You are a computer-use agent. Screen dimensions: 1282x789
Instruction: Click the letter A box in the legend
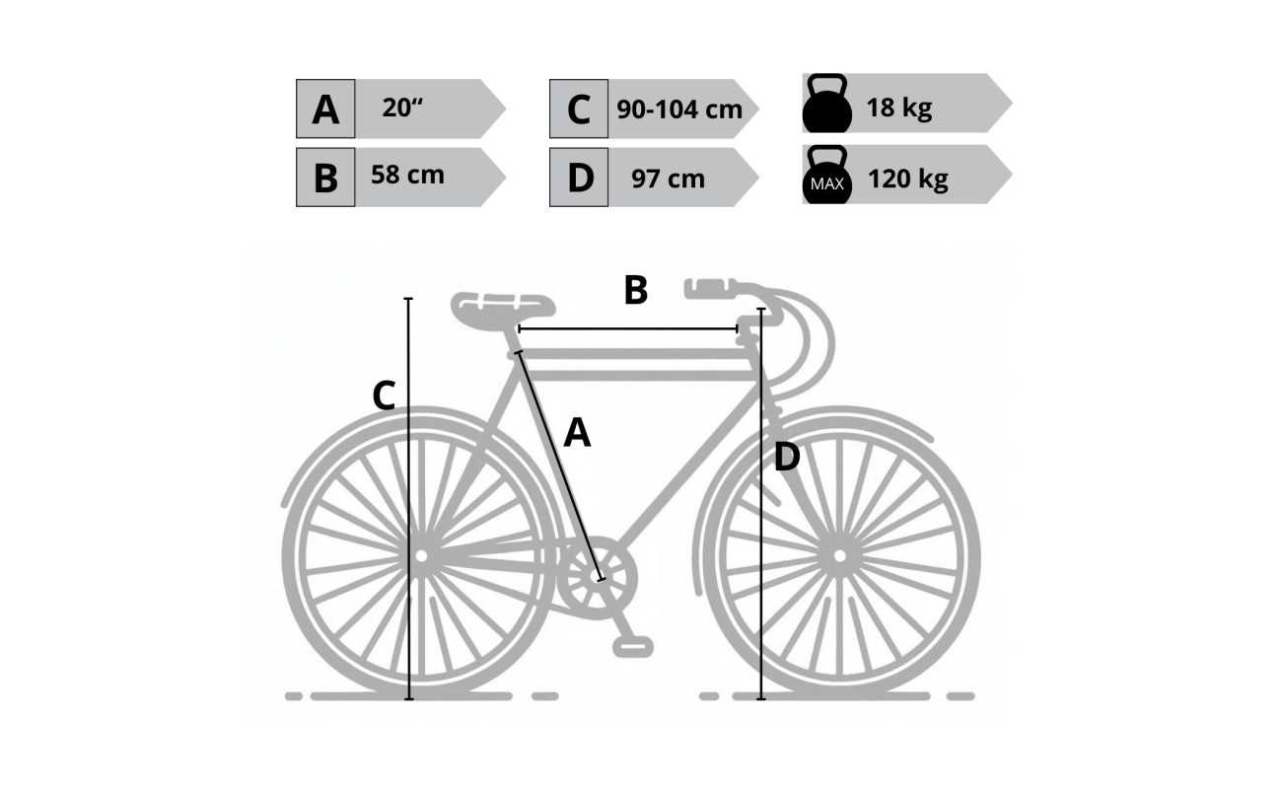[325, 108]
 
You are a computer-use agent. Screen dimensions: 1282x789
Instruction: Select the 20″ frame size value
[402, 108]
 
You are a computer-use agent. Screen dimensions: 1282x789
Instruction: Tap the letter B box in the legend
[325, 177]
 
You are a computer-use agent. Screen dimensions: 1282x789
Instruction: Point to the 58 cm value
[407, 175]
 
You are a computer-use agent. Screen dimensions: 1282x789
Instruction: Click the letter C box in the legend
[579, 108]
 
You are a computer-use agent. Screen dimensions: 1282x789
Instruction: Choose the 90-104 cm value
[679, 108]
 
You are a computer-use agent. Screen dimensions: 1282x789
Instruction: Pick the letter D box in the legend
[579, 177]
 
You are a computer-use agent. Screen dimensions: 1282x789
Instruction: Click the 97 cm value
[668, 179]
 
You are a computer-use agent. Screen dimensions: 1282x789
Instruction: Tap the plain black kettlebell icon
[827, 103]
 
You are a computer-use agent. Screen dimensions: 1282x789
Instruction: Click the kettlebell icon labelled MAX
[827, 175]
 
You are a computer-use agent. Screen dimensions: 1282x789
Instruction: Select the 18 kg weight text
[899, 108]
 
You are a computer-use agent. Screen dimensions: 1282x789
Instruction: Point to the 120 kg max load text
[907, 179]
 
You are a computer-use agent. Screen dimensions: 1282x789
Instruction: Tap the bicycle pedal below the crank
[632, 646]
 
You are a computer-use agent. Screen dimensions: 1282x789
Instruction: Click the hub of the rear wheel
[421, 556]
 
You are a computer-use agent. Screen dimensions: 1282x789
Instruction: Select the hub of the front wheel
[839, 556]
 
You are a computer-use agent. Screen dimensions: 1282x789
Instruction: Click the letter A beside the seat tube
[577, 433]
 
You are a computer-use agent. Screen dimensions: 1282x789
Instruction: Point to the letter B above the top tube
[636, 290]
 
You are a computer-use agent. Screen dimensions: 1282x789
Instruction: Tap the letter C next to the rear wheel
[384, 395]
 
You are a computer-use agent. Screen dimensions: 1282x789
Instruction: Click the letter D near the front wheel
[787, 457]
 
